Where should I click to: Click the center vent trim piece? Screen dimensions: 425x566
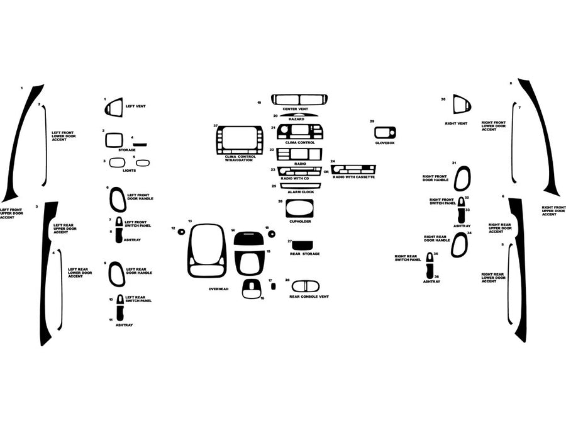click(299, 99)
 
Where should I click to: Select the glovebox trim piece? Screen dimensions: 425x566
click(385, 132)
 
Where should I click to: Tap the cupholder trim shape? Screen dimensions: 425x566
click(299, 208)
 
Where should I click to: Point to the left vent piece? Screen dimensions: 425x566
click(114, 108)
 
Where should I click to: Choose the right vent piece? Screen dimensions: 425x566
click(462, 105)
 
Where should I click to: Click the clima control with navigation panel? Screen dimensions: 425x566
click(239, 140)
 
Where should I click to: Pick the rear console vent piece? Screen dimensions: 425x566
click(305, 286)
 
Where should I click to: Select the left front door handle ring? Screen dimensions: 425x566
click(118, 200)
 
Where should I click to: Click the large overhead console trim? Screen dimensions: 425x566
click(206, 251)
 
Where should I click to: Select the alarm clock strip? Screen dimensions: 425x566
click(300, 186)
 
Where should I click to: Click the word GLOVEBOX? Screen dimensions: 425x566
click(384, 143)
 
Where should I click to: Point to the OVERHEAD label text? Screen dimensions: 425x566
click(218, 288)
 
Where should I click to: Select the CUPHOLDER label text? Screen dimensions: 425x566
click(299, 222)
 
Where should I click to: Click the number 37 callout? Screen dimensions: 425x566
click(215, 126)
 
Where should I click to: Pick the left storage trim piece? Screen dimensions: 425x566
click(114, 140)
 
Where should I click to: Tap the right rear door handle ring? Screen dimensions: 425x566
click(460, 245)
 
